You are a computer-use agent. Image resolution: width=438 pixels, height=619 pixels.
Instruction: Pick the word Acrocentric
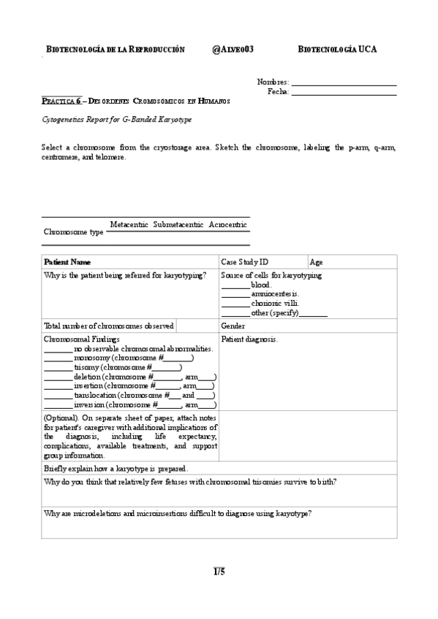227,224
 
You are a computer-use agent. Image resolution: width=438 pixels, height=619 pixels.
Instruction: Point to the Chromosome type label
74,231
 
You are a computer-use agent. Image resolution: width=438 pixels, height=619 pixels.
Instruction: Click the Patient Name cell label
67,261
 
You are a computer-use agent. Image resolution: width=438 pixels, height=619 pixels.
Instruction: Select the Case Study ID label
244,261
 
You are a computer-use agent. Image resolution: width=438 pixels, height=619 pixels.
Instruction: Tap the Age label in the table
316,261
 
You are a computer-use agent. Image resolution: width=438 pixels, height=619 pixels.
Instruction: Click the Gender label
233,326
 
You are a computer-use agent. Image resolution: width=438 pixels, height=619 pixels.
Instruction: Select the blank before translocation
58,396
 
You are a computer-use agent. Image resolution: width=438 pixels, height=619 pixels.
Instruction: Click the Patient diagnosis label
249,339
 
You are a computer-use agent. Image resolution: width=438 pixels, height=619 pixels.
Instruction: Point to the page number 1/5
219,572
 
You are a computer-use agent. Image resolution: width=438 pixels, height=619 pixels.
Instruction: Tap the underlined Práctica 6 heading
61,102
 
